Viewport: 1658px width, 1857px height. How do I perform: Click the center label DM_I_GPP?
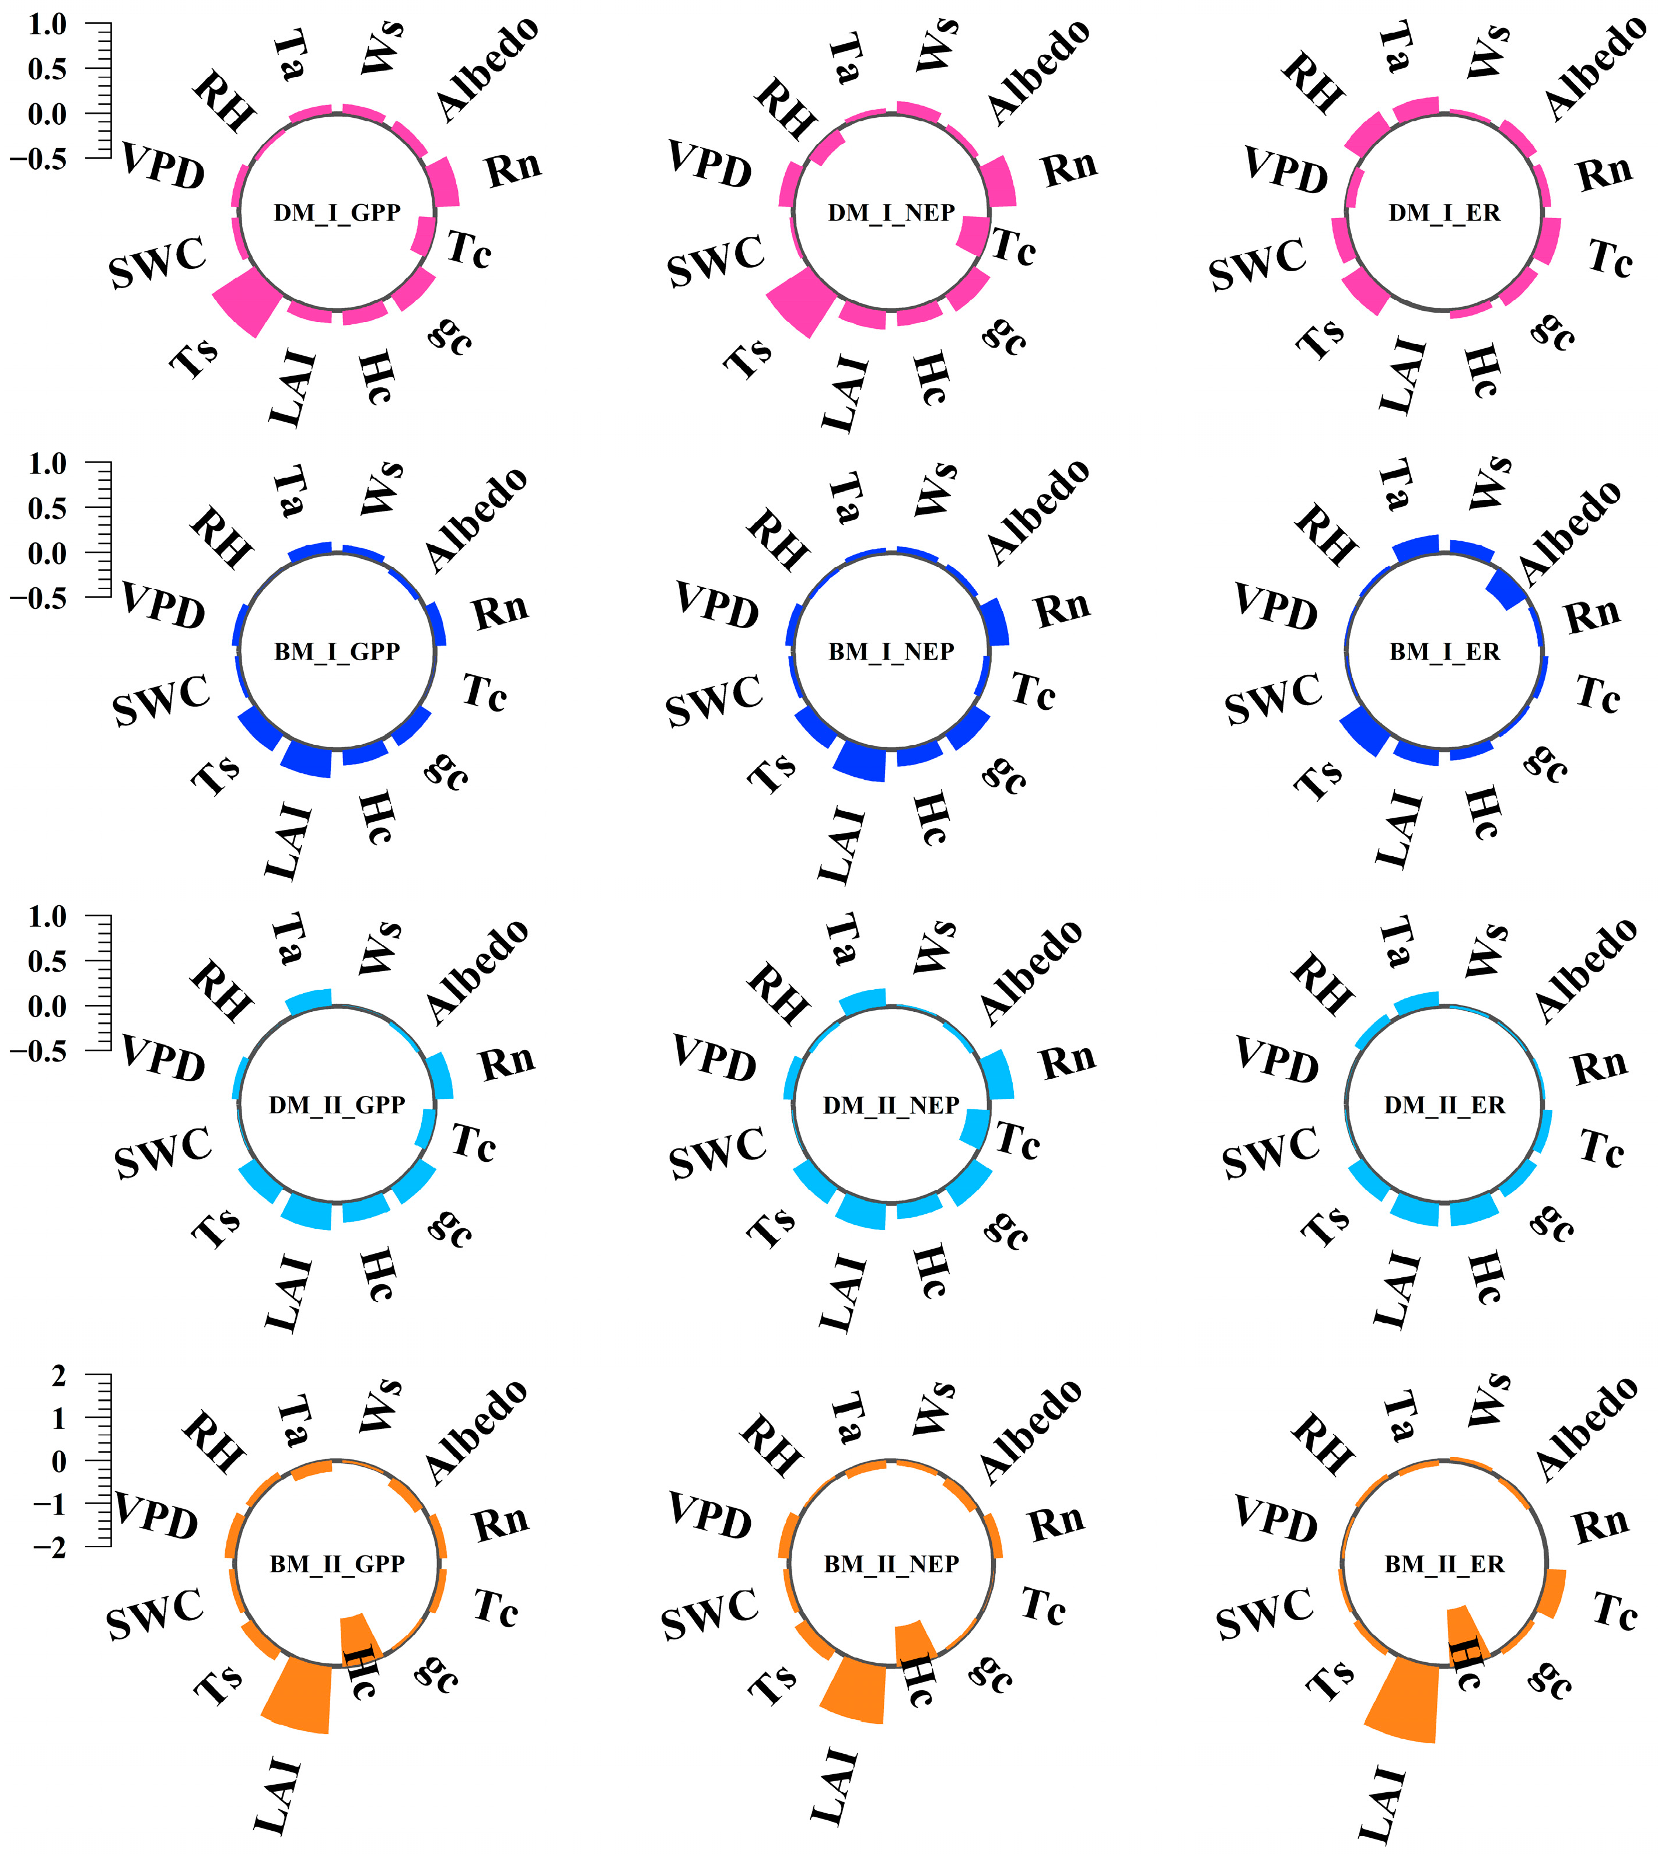(x=337, y=213)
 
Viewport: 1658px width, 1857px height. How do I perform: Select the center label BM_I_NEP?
(x=891, y=652)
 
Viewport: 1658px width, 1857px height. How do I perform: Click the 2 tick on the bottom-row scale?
(x=60, y=1377)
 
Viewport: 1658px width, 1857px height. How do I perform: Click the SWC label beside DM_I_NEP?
(x=716, y=261)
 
